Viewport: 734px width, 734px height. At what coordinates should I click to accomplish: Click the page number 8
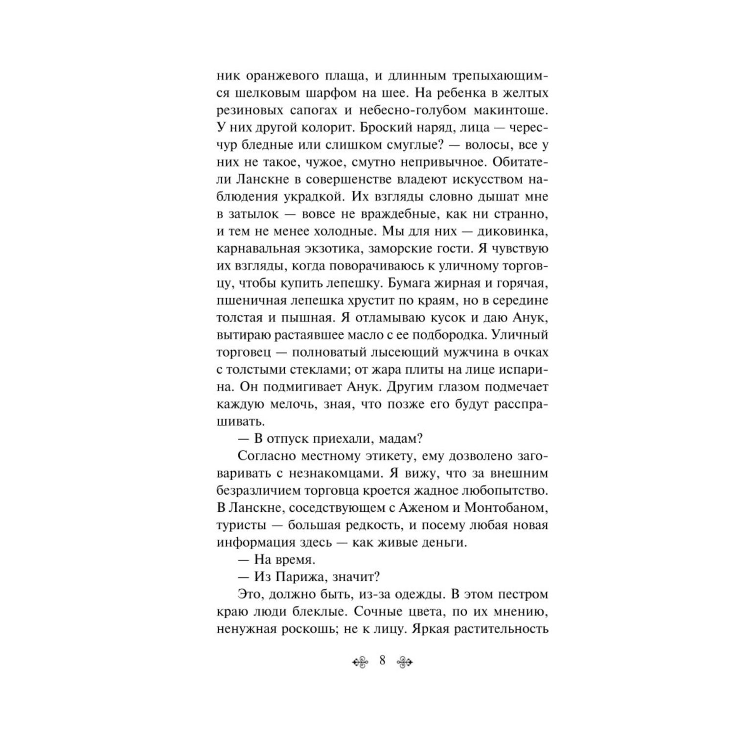click(382, 661)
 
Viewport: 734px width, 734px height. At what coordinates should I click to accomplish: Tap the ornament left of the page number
click(362, 662)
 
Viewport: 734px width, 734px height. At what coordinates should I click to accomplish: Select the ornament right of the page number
click(404, 662)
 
